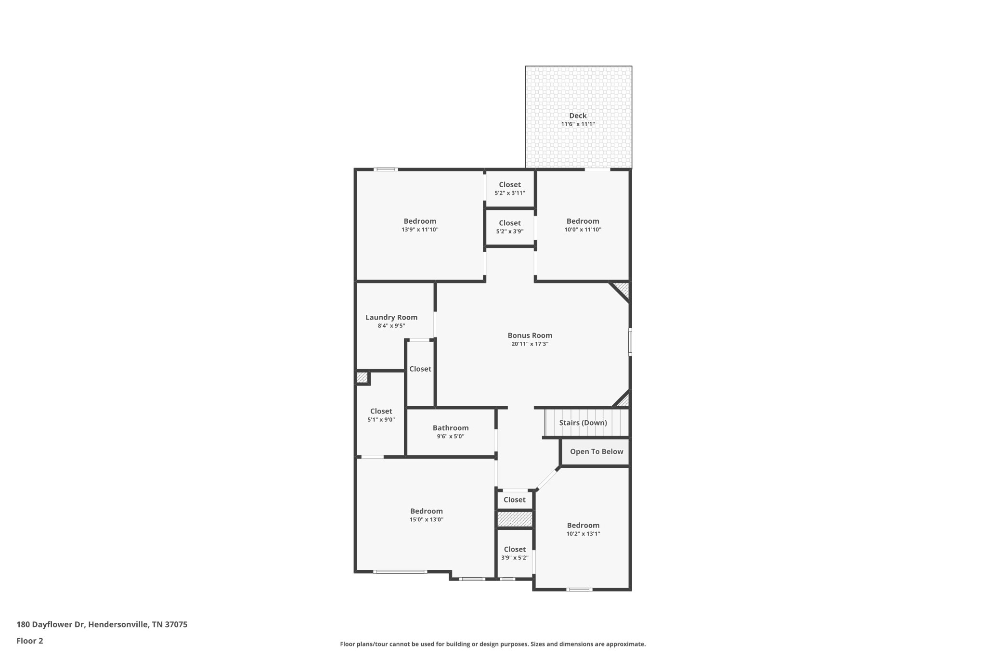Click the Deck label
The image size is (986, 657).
[x=578, y=116]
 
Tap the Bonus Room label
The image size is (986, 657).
[x=530, y=335]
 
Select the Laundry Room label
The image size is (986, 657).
[x=391, y=317]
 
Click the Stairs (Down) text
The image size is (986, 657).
[x=583, y=423]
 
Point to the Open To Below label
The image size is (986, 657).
[x=596, y=451]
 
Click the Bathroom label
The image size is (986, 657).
[x=450, y=428]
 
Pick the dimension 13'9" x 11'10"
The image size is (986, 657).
[x=420, y=230]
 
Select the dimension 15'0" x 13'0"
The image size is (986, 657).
[x=426, y=520]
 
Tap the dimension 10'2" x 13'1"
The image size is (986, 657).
[x=583, y=534]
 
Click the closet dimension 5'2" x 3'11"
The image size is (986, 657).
[x=509, y=193]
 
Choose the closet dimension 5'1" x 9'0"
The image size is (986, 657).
[x=381, y=420]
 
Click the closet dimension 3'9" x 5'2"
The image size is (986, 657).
[x=515, y=558]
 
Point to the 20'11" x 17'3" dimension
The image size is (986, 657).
[x=530, y=344]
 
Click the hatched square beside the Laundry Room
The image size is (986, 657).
[x=362, y=378]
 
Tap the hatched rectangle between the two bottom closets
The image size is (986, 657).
[x=515, y=519]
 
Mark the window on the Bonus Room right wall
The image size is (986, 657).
[x=630, y=342]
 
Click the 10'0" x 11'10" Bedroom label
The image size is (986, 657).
[x=583, y=221]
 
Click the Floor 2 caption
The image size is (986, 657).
[x=30, y=641]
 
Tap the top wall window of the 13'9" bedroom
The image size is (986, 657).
[x=386, y=169]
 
